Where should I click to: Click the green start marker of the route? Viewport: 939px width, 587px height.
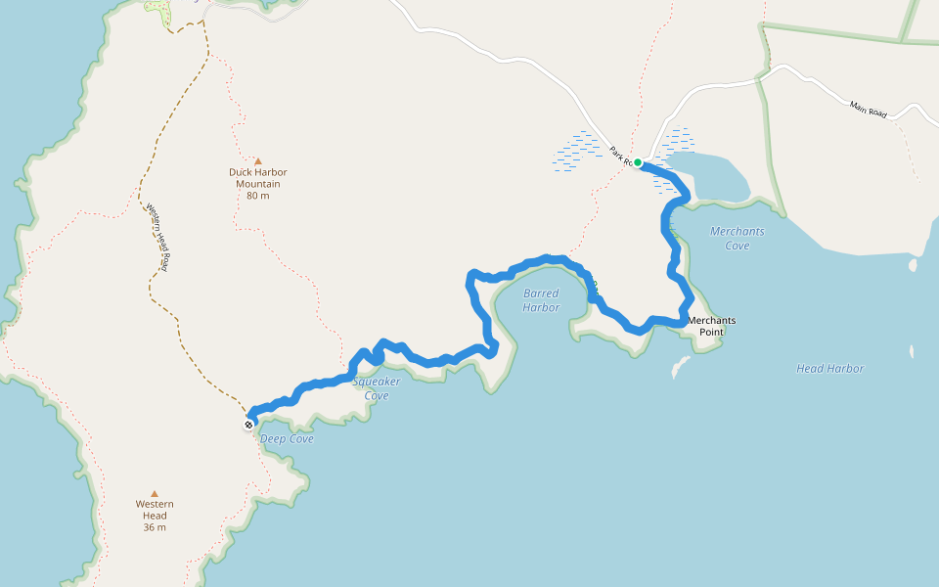pos(638,162)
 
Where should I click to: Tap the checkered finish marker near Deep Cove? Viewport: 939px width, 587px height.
pos(249,424)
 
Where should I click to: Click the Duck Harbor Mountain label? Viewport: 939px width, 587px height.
pos(258,178)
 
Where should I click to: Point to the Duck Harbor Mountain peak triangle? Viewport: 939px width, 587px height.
pos(258,161)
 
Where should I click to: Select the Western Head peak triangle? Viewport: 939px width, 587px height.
pos(154,494)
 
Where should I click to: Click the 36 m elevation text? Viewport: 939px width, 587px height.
pos(154,527)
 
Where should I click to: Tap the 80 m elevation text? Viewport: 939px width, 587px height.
pos(258,196)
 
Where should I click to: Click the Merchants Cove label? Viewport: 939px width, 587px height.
pos(738,238)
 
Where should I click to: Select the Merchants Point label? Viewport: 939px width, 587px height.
pos(711,326)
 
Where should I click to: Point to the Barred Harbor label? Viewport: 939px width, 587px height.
pos(541,300)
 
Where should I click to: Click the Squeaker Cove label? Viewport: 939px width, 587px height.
pos(377,388)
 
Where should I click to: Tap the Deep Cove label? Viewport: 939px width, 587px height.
pos(287,439)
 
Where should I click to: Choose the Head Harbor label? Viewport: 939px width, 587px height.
pos(829,369)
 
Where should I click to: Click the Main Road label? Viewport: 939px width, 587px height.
pos(868,110)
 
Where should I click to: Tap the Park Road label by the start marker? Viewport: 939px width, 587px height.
pos(618,155)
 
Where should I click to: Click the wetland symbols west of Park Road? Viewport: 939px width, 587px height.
pos(579,153)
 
